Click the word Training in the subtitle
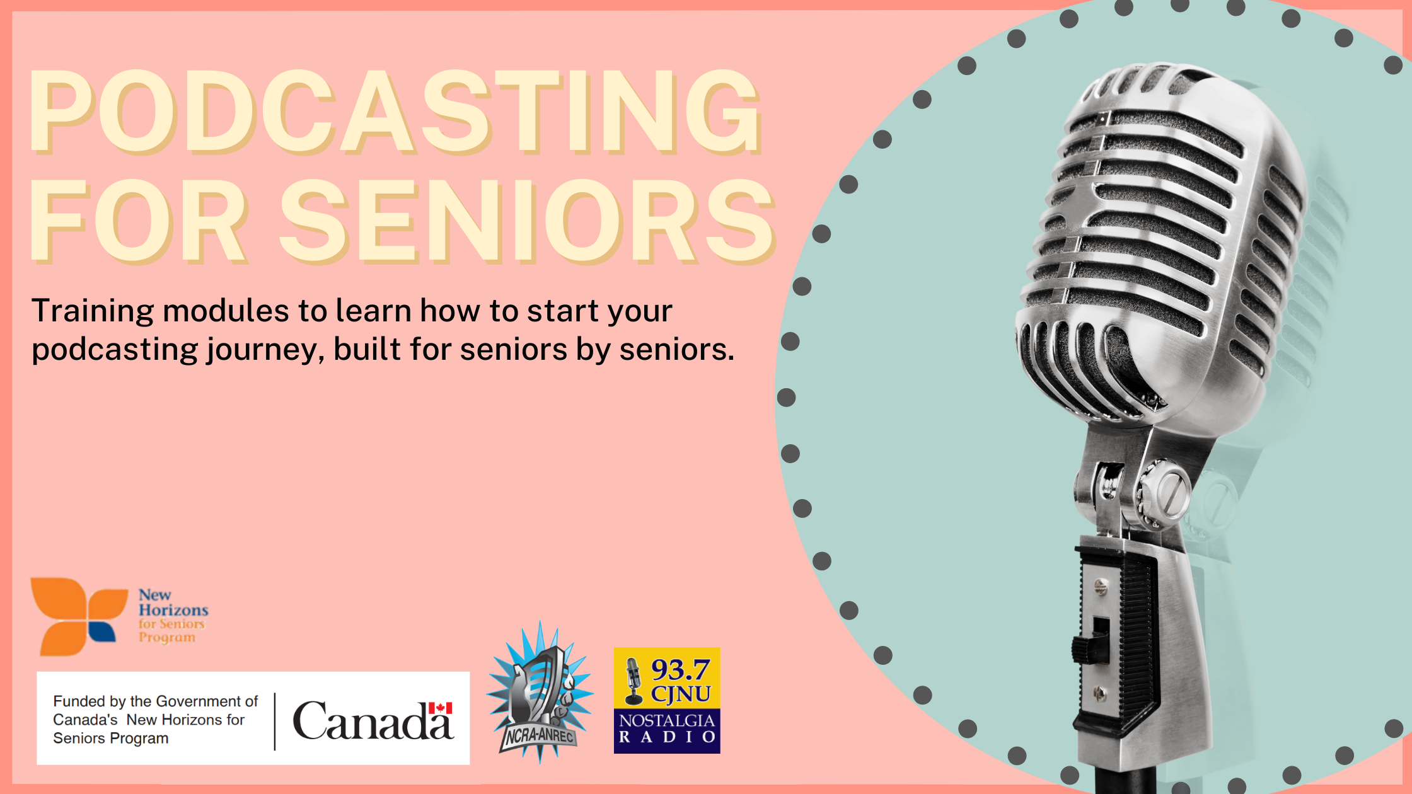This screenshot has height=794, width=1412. coord(93,311)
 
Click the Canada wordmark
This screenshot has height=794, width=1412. coord(372,722)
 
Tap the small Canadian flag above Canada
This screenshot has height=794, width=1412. coord(440,708)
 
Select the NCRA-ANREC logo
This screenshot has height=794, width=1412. coord(540,693)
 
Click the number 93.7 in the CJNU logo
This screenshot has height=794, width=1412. coord(680,669)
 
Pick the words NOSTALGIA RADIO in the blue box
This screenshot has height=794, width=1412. coord(667,728)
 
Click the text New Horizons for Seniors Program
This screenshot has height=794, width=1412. coord(172,616)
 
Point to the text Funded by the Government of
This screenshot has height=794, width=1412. coord(155,701)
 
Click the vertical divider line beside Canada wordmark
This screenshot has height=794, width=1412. coord(275,722)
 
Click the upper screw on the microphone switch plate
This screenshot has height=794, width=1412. coord(1101,587)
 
